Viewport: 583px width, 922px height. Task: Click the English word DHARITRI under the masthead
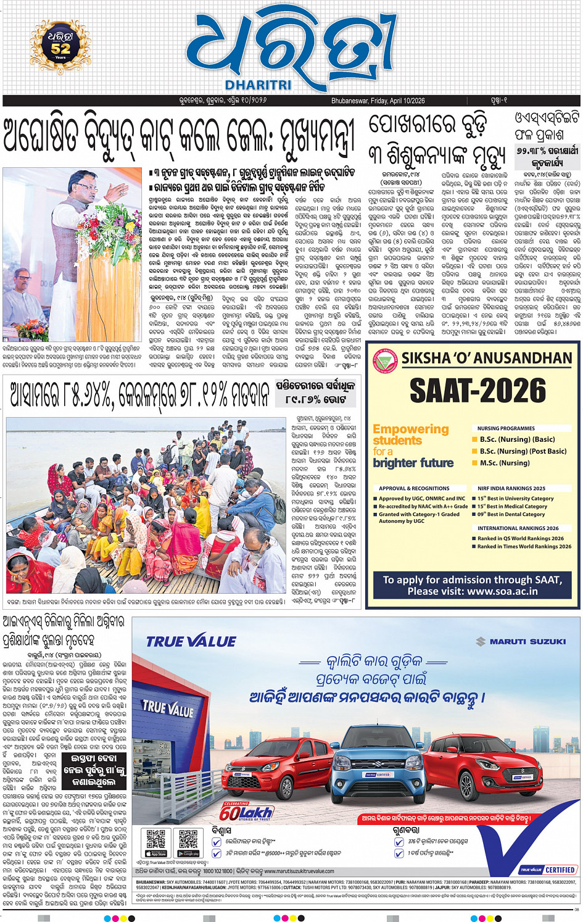(x=258, y=85)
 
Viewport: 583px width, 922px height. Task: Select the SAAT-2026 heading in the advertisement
(x=478, y=391)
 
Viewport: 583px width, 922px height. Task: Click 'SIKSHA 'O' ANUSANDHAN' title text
(x=487, y=359)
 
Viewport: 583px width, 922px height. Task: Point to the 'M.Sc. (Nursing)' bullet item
(x=505, y=463)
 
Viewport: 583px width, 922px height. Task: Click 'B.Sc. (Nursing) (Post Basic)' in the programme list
(x=523, y=451)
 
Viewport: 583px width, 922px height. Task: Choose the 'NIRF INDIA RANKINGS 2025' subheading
(x=511, y=488)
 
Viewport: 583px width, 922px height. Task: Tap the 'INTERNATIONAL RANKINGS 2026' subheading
(x=518, y=528)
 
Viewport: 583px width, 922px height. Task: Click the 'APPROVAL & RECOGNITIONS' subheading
(x=414, y=488)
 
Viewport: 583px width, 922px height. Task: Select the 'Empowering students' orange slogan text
(x=410, y=434)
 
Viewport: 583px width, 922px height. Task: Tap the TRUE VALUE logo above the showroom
(x=191, y=642)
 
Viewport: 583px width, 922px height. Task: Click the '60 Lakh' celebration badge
(x=246, y=812)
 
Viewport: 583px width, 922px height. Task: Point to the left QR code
(x=156, y=841)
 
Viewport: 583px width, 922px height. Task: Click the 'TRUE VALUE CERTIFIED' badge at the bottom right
(x=548, y=870)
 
